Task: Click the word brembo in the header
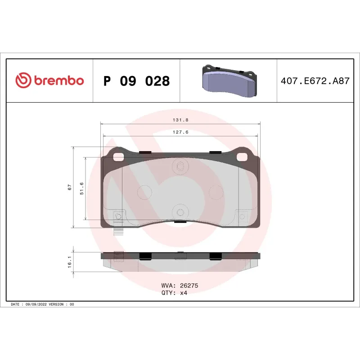pos(58,81)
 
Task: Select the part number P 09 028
pos(136,81)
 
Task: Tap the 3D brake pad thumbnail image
pos(228,80)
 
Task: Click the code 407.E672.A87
pos(315,81)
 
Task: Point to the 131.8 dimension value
pos(180,120)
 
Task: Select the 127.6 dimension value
pos(180,132)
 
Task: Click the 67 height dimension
pos(70,187)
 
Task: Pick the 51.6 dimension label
pos(81,189)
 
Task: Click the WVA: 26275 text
pos(180,285)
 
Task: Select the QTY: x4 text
pos(174,292)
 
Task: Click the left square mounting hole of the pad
pos(120,157)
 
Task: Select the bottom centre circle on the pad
pos(180,212)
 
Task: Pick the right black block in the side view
pos(216,256)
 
